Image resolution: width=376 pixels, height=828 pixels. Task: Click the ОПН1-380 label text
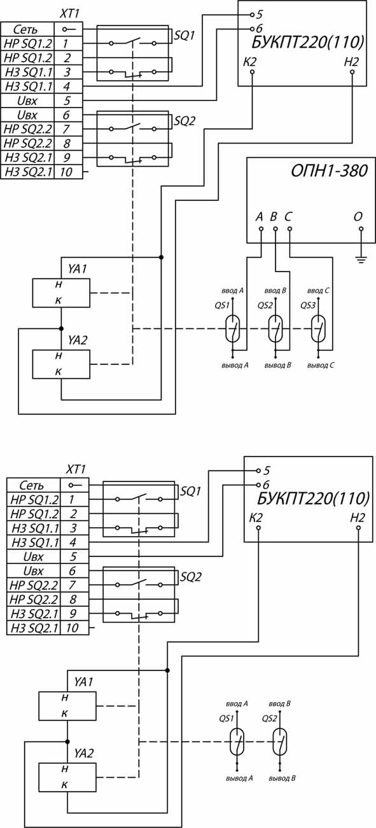[329, 171]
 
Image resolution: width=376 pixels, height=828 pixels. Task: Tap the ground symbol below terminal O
[361, 259]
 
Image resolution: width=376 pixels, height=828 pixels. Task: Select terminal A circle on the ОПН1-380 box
[261, 229]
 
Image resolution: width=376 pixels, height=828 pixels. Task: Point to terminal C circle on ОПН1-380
[289, 229]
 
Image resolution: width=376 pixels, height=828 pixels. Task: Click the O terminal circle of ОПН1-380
[361, 229]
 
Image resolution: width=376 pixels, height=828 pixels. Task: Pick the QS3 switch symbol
[318, 329]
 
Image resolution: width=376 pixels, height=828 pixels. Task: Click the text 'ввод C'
[318, 291]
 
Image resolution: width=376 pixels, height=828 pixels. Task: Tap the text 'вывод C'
[321, 365]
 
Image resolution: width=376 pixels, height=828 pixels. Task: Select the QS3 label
[307, 306]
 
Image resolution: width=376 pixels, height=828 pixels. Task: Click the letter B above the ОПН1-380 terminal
[274, 217]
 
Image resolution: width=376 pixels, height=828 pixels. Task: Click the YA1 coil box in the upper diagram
[61, 293]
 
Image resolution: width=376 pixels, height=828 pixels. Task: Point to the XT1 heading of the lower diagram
[76, 469]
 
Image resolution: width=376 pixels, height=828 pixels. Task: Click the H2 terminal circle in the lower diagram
[358, 528]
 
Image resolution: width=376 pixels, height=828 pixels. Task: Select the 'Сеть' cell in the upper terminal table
[28, 29]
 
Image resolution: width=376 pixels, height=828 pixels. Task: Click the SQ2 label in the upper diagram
[185, 121]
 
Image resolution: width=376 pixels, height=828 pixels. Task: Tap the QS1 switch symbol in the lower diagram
[237, 742]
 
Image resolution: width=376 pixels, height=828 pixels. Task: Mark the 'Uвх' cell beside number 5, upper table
[28, 100]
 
